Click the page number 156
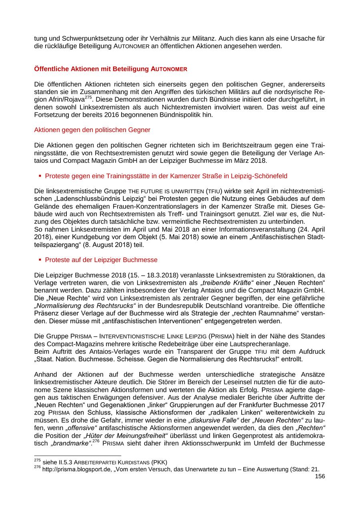320,476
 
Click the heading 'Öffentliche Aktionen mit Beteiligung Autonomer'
111,69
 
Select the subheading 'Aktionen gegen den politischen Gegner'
92,130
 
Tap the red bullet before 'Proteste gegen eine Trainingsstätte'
40,176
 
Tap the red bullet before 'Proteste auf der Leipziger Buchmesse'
40,260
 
